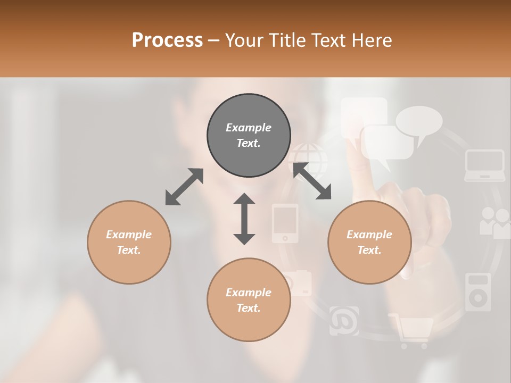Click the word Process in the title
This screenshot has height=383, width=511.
click(167, 40)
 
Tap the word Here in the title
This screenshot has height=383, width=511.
click(371, 40)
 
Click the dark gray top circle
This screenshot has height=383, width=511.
click(249, 136)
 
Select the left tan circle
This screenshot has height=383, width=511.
click(129, 242)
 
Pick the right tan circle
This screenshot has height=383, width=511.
click(369, 242)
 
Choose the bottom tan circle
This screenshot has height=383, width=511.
click(249, 300)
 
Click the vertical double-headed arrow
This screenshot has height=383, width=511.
click(244, 219)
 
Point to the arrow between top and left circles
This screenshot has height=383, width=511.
click(184, 186)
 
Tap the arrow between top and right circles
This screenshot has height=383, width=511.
click(312, 181)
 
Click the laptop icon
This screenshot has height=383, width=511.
click(484, 165)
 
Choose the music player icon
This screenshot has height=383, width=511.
click(477, 292)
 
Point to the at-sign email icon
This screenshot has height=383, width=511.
click(344, 321)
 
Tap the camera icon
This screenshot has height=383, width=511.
click(299, 282)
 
